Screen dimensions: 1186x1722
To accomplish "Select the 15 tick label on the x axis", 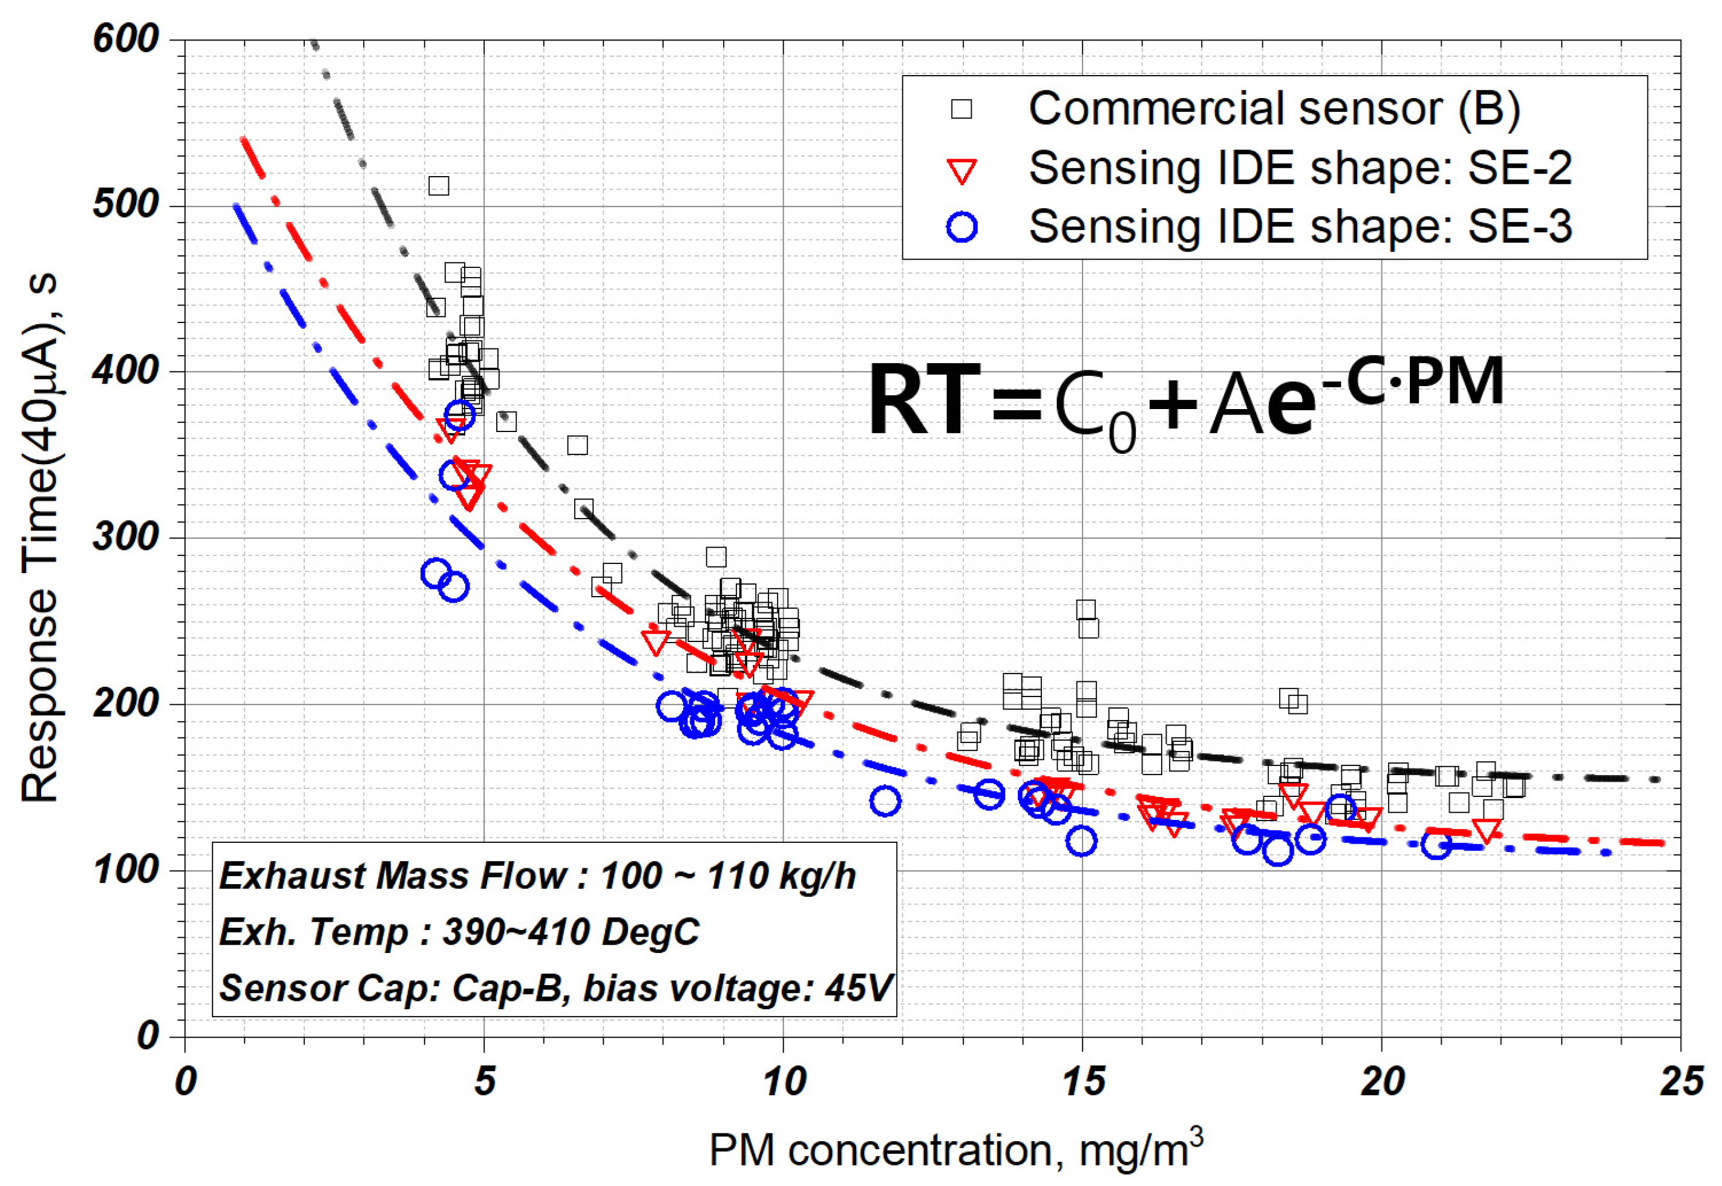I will (1082, 1082).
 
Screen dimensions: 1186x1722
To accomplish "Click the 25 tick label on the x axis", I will (1681, 1082).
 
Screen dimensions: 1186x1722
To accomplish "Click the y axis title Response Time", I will (41, 538).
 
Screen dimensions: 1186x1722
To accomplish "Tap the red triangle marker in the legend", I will (962, 171).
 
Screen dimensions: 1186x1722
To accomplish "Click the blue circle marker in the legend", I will (962, 227).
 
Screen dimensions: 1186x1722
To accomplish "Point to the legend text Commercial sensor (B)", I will (1274, 108).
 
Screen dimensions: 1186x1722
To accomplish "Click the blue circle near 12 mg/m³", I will (885, 801).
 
